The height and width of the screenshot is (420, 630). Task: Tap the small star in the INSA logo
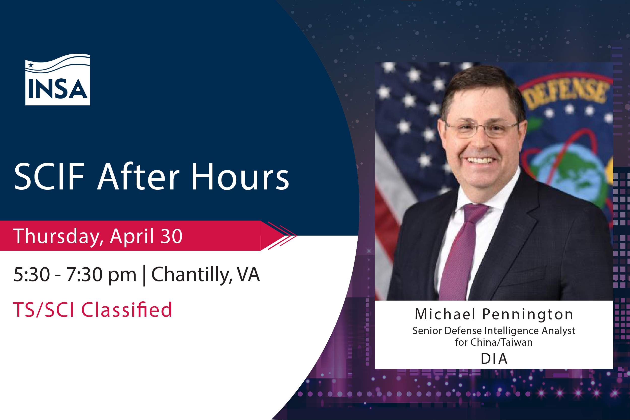(x=31, y=65)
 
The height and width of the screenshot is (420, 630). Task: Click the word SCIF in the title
(x=49, y=177)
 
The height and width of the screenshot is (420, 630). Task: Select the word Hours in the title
(x=240, y=177)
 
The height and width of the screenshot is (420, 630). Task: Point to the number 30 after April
(x=171, y=236)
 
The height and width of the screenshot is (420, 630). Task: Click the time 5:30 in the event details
(x=31, y=275)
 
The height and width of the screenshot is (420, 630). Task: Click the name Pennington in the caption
(x=527, y=314)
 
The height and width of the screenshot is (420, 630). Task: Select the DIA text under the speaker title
(x=494, y=359)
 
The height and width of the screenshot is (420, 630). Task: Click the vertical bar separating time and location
(x=144, y=275)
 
